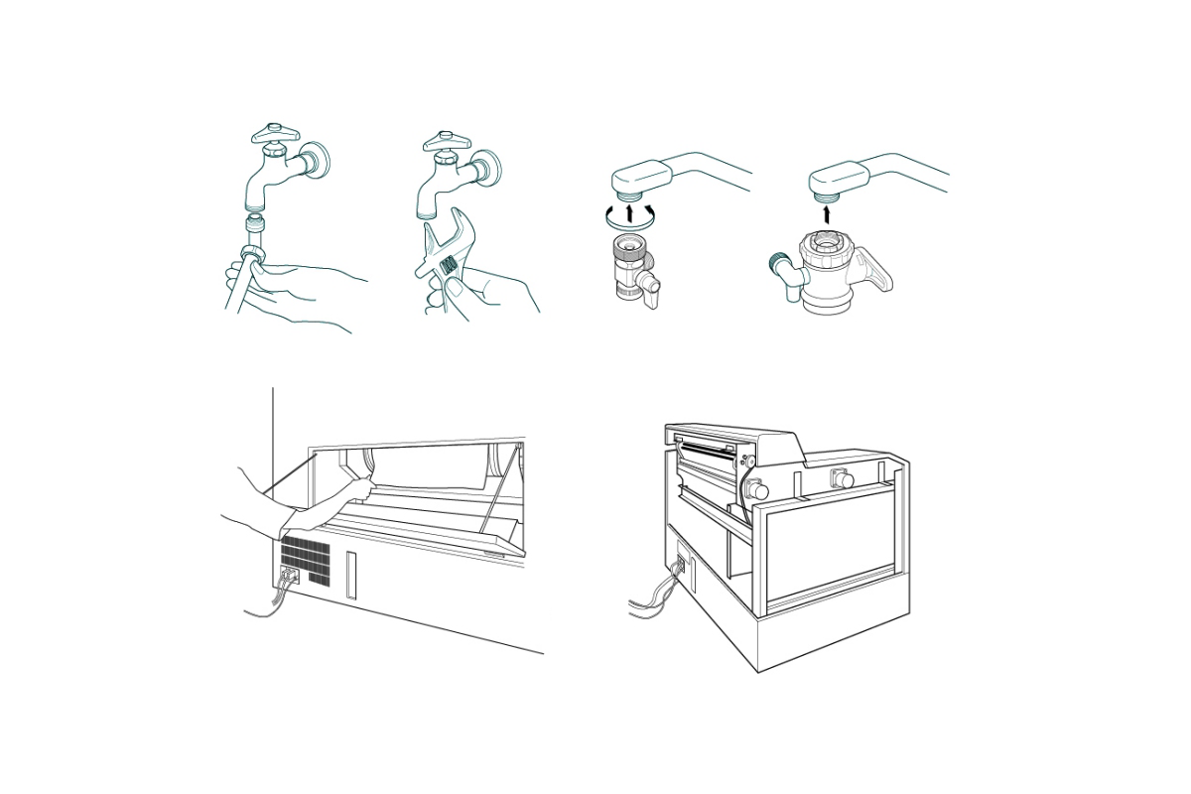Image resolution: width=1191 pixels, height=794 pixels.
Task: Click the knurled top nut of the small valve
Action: pyautogui.click(x=627, y=248)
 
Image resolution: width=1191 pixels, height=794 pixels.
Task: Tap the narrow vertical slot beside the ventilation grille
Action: pyautogui.click(x=350, y=577)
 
